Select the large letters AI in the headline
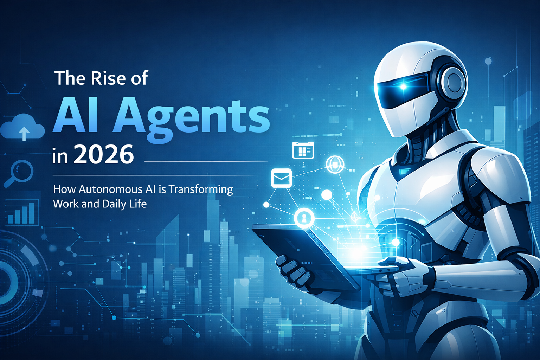76,116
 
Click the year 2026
104,155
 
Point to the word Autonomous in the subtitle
110,189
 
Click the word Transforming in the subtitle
201,190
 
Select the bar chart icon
22,213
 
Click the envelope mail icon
281,178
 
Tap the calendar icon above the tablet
303,150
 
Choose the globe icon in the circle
335,164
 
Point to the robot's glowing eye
404,86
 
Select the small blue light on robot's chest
404,172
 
